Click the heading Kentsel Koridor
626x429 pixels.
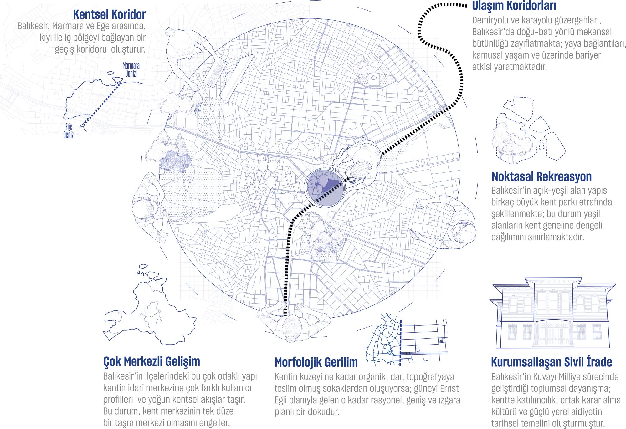(109, 15)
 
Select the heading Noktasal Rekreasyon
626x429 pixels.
(541, 176)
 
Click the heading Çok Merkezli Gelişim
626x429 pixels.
(151, 361)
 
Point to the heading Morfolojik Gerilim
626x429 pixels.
(316, 362)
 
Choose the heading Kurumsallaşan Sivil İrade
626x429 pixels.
(552, 362)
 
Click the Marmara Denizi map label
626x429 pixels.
(131, 69)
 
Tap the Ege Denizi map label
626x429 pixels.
(69, 131)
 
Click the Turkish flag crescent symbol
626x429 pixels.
(374, 77)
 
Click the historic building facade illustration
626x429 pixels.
(552, 313)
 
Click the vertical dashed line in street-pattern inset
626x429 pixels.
(401, 342)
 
